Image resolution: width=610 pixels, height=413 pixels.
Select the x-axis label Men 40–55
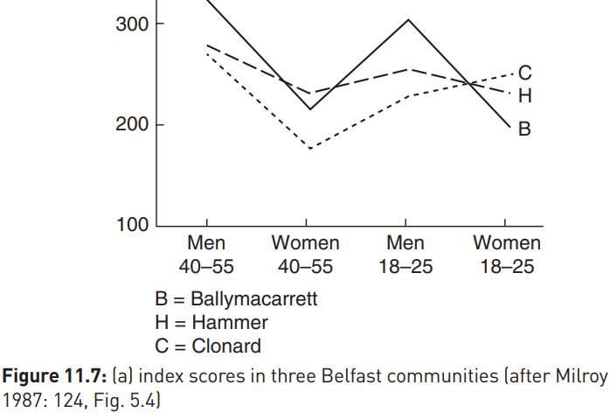[206, 255]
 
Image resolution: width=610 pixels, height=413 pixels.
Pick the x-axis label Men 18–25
[406, 255]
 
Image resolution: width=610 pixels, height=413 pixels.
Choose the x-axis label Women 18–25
[507, 255]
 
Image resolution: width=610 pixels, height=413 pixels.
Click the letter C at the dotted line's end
[525, 73]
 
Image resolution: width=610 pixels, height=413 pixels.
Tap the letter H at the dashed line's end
[525, 95]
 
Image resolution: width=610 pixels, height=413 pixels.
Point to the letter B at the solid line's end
[524, 129]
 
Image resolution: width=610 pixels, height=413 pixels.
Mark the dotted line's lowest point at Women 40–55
[310, 149]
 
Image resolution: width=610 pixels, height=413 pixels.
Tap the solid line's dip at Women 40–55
[310, 109]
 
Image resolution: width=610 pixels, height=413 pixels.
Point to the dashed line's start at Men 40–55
[207, 45]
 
